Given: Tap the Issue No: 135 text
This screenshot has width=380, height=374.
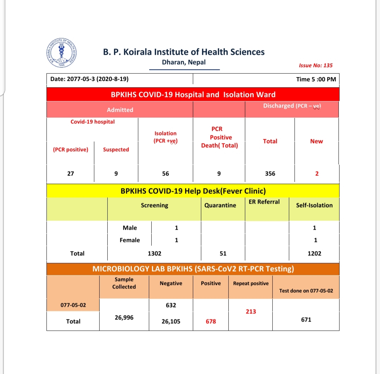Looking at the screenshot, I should [x=316, y=65].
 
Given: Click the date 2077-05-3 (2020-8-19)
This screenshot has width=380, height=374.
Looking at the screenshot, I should [x=89, y=79].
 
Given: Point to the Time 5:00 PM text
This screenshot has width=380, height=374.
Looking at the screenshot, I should [x=316, y=79].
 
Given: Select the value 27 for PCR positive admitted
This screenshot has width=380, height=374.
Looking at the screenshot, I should [x=70, y=173].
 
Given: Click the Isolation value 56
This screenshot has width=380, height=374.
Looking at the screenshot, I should [x=165, y=173].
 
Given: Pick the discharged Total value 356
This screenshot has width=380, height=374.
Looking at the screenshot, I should [x=270, y=173].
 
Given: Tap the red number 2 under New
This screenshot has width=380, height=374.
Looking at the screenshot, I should [x=317, y=173].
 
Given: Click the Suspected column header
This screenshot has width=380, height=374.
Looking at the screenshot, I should [x=116, y=150].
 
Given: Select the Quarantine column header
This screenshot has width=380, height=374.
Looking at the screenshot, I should [x=220, y=205].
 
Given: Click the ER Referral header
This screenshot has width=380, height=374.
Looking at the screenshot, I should [x=264, y=202].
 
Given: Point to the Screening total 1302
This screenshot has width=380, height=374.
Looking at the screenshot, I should [x=154, y=253].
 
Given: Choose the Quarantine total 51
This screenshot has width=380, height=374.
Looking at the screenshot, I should [x=223, y=253].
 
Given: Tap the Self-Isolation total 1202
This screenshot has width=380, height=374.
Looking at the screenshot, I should [x=314, y=253].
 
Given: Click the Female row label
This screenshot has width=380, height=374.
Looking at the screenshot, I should [x=129, y=240].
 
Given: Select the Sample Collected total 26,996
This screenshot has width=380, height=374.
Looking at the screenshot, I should [x=124, y=317].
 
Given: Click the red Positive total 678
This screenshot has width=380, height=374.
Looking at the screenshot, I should [x=211, y=321].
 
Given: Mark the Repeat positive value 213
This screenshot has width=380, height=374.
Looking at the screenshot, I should [x=251, y=311].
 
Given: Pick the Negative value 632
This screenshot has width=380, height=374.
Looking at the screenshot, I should [x=171, y=305].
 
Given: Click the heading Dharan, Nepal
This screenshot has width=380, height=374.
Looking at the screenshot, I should [x=184, y=62].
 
